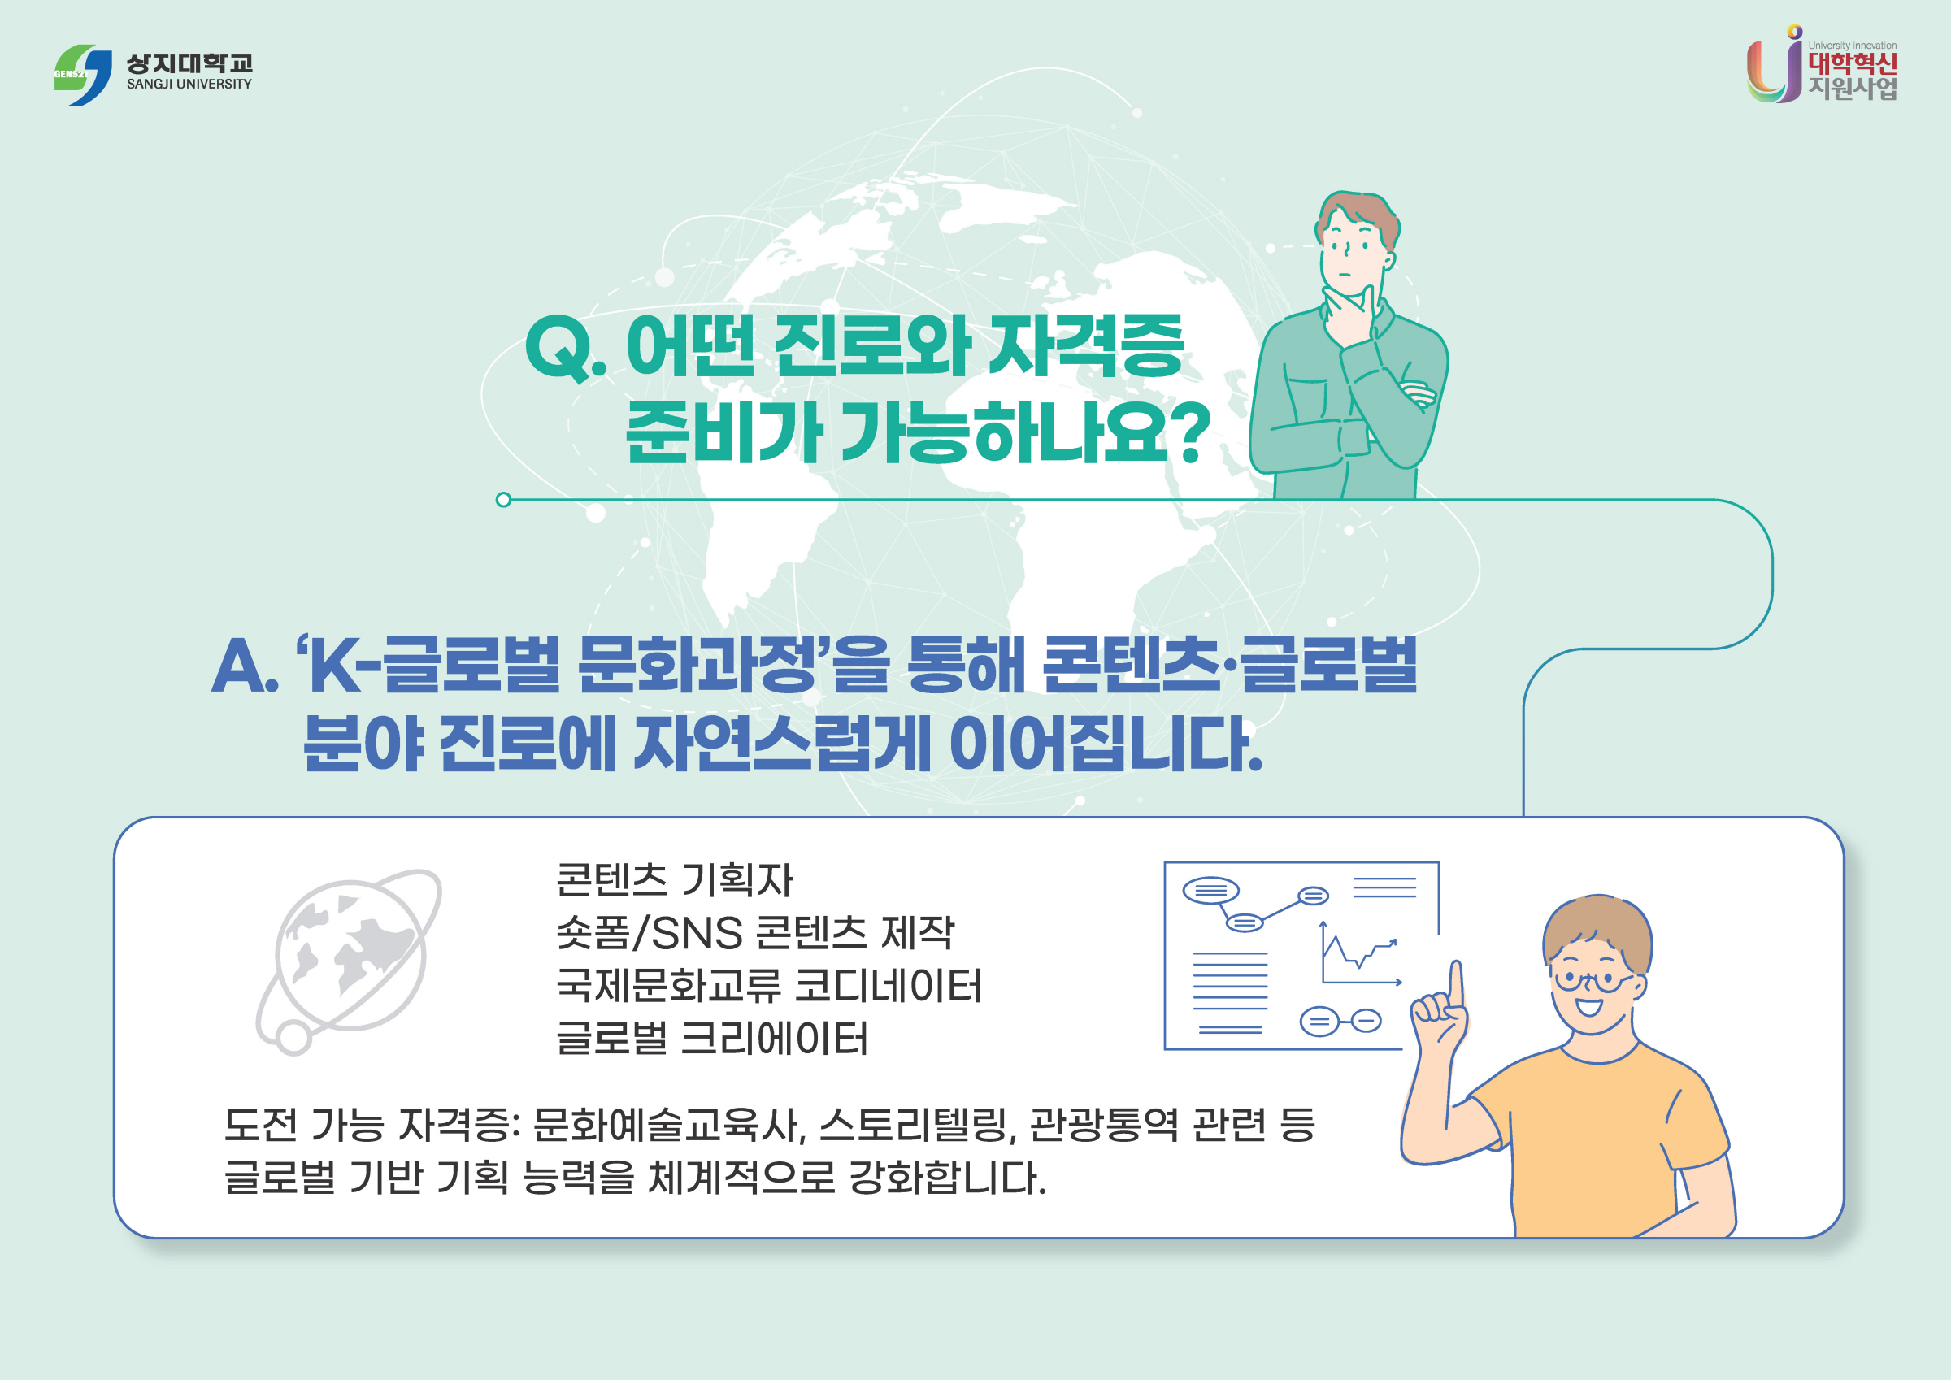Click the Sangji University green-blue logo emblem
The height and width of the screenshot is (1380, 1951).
pos(82,75)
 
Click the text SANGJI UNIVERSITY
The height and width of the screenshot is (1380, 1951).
pos(189,85)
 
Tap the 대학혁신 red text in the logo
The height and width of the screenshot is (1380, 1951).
pos(1852,63)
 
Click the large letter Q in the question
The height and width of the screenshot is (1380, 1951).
pos(559,349)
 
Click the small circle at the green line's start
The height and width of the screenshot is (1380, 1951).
pos(503,500)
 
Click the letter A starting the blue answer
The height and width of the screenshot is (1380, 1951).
pos(241,666)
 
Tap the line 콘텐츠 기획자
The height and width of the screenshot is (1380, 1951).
pos(674,880)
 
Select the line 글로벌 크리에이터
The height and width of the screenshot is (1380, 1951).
pos(712,1039)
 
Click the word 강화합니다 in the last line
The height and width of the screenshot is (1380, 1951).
pos(948,1178)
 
